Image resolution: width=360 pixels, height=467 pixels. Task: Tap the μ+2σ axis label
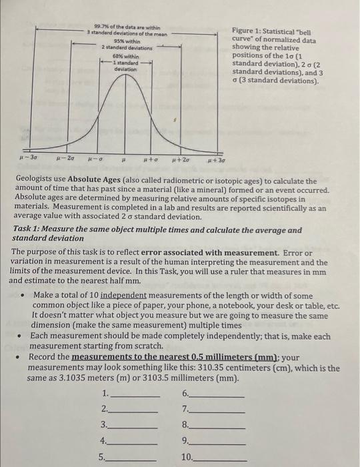[181, 161]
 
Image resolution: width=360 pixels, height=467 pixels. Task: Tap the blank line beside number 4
[135, 442]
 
